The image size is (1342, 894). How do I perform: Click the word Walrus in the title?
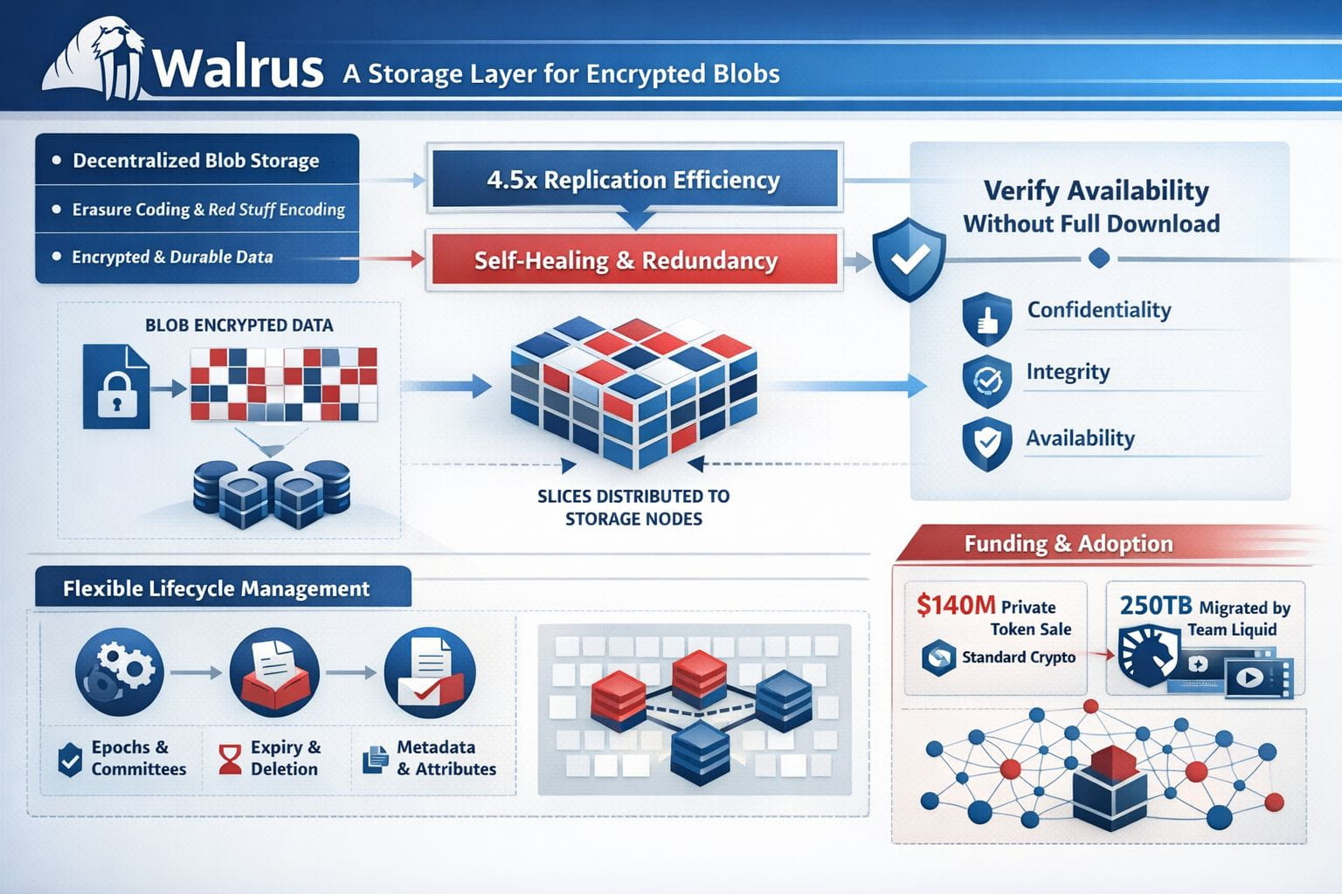click(238, 68)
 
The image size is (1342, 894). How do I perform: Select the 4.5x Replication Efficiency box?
click(633, 180)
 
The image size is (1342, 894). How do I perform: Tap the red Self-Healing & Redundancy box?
click(626, 260)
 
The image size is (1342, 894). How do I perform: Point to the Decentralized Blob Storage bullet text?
click(196, 161)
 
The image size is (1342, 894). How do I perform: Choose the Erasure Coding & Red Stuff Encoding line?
click(208, 210)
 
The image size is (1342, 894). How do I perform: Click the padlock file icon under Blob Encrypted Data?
click(116, 386)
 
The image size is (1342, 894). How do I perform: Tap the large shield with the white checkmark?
click(910, 258)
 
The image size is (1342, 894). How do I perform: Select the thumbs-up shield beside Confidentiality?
click(986, 319)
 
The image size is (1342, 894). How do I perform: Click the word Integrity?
click(1068, 372)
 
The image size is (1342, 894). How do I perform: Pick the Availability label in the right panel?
click(1080, 438)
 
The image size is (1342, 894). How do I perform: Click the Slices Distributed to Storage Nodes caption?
click(633, 507)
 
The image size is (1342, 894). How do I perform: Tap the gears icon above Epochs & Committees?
click(120, 671)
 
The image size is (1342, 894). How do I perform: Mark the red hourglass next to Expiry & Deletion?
click(230, 759)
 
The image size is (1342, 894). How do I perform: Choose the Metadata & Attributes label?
click(446, 758)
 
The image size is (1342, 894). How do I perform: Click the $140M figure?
click(956, 605)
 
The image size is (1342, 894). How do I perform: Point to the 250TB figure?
click(1155, 605)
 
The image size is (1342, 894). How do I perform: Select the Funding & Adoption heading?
click(1068, 544)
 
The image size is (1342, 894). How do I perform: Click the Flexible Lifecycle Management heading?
click(216, 588)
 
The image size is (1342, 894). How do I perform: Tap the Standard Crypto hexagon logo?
click(938, 657)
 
